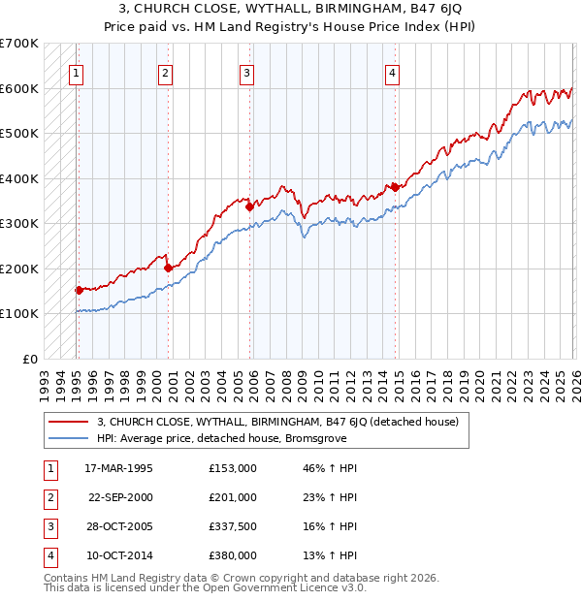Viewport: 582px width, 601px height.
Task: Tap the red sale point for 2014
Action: tap(395, 187)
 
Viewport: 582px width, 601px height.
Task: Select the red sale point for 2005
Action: tap(249, 206)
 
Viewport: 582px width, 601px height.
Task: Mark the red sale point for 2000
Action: tap(168, 268)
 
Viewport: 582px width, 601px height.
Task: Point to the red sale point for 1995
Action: tap(79, 289)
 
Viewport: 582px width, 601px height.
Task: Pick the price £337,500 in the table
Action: tap(233, 526)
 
